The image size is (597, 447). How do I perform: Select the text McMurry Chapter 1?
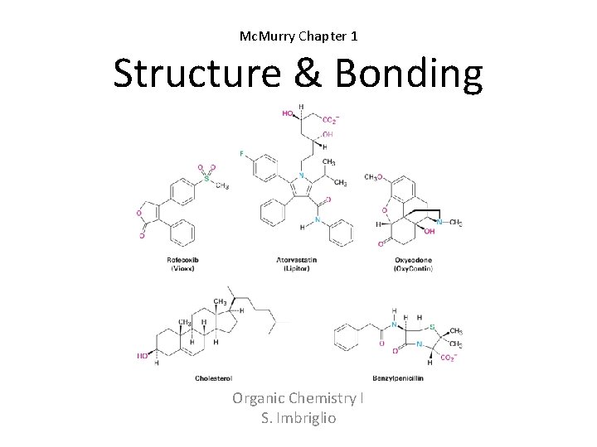[x=298, y=36]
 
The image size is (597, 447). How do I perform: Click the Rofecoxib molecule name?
[x=184, y=260]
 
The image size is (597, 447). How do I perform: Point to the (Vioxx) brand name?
[x=184, y=268]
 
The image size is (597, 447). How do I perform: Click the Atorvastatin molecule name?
[x=297, y=260]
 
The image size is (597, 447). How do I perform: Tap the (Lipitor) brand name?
[x=297, y=268]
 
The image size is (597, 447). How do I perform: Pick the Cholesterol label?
[x=215, y=378]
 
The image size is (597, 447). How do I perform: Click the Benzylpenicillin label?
[x=397, y=378]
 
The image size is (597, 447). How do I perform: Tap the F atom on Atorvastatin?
[x=242, y=154]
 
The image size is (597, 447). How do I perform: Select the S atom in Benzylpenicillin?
[x=432, y=326]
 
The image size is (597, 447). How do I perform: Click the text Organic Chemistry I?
[x=298, y=399]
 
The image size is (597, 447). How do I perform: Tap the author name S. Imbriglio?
[x=298, y=418]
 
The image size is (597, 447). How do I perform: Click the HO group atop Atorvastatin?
[x=287, y=114]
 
